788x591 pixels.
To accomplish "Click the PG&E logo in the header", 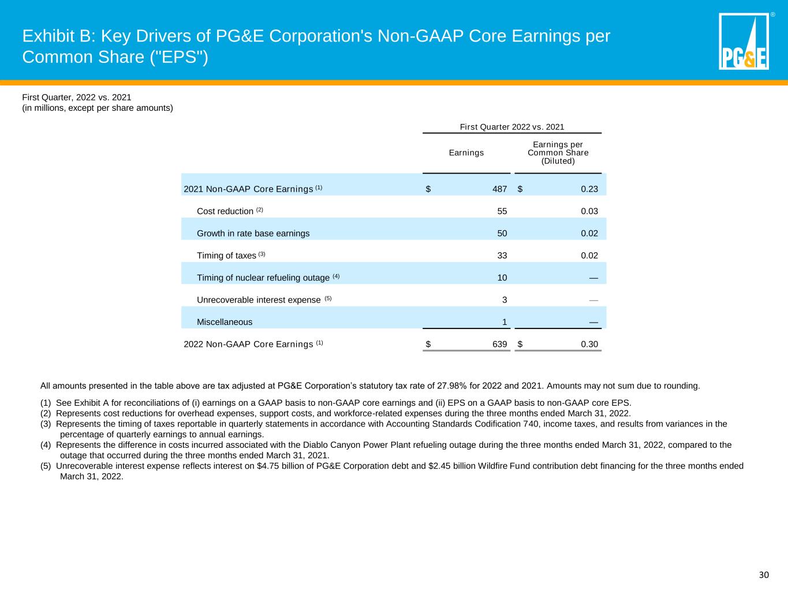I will (744, 42).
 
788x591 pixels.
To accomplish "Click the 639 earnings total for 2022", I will (499, 345).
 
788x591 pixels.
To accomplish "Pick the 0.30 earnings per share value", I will (589, 345).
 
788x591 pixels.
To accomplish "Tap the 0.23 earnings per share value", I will (589, 189).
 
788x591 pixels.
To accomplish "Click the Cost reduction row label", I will (225, 211).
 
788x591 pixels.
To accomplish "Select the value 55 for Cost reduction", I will (502, 211).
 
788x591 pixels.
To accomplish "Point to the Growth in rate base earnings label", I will (253, 234).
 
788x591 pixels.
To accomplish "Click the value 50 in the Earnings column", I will (502, 234).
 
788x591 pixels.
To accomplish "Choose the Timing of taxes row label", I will (226, 256).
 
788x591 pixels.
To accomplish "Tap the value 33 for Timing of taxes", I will (502, 256).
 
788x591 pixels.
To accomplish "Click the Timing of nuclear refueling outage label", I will (263, 278).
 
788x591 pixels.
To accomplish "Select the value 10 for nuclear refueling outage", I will (502, 278).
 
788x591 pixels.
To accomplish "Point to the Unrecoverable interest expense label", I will (259, 300).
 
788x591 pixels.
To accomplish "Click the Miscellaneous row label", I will (225, 322).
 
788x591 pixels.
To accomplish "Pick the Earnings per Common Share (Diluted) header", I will (558, 153).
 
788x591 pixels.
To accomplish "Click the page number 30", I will (764, 575).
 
